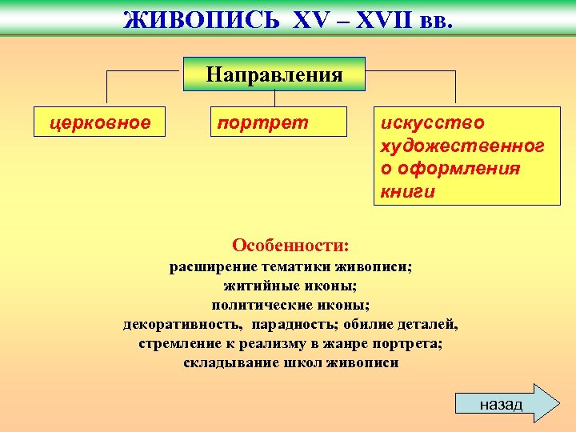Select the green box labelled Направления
pos(274,74)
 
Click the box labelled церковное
pos(99,122)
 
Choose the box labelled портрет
pos(278,122)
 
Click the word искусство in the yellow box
pos(432,122)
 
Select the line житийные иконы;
pos(290,286)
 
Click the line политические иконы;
pos(290,305)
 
